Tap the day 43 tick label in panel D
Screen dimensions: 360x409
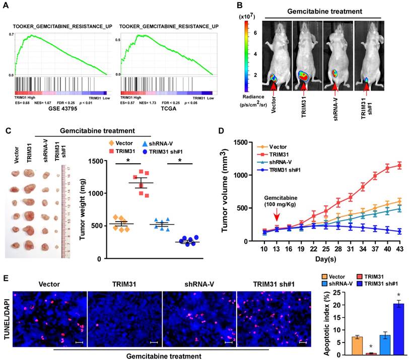coord(399,250)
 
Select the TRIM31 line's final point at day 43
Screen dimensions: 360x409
coord(399,165)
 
